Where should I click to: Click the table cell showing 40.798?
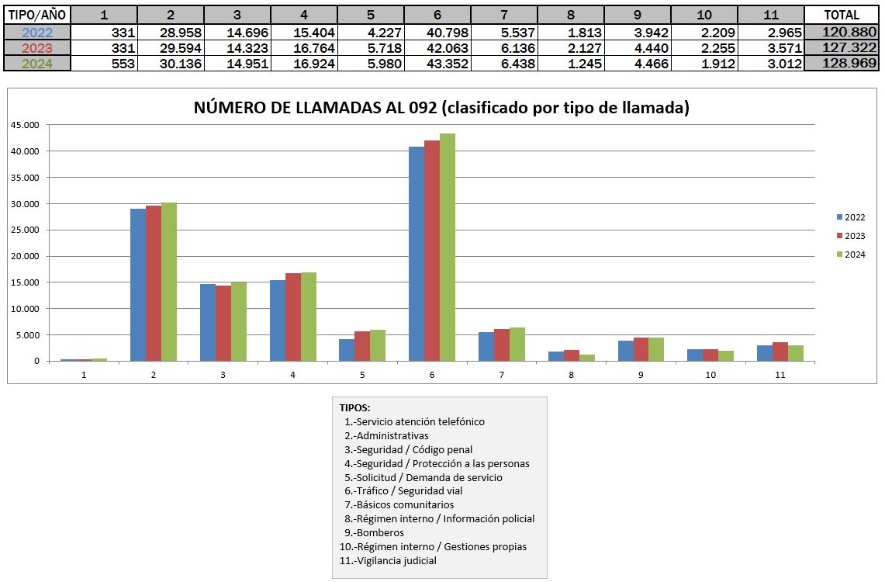pyautogui.click(x=437, y=33)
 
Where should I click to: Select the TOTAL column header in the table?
pyautogui.click(x=841, y=16)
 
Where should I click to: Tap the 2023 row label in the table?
pyautogui.click(x=37, y=48)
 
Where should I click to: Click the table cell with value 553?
pyautogui.click(x=104, y=63)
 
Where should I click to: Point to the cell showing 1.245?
pyautogui.click(x=571, y=63)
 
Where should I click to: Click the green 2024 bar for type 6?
pyautogui.click(x=447, y=248)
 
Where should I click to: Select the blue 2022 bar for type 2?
pyautogui.click(x=138, y=285)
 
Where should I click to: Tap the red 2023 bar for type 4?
pyautogui.click(x=293, y=317)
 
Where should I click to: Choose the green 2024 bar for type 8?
pyautogui.click(x=586, y=358)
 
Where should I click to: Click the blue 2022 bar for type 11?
pyautogui.click(x=764, y=353)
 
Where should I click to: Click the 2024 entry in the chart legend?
pyautogui.click(x=851, y=255)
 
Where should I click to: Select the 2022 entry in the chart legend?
pyautogui.click(x=851, y=217)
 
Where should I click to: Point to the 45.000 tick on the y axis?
pyautogui.click(x=25, y=125)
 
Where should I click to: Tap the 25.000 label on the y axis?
pyautogui.click(x=25, y=230)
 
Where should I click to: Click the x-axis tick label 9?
pyautogui.click(x=641, y=375)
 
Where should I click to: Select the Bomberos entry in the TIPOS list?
pyautogui.click(x=374, y=532)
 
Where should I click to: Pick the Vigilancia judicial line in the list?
pyautogui.click(x=388, y=560)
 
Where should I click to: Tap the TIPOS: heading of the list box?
pyautogui.click(x=354, y=407)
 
